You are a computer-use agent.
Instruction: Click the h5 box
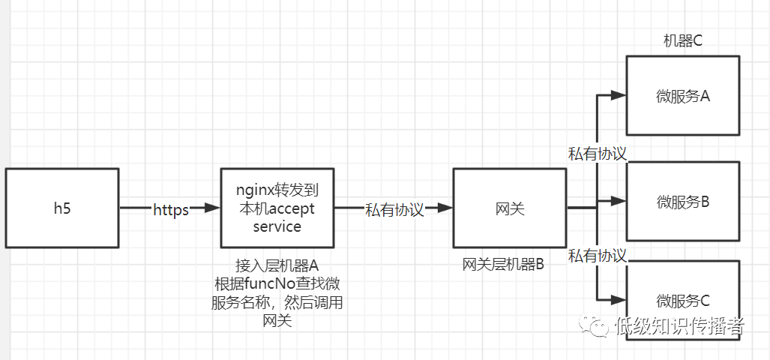62,208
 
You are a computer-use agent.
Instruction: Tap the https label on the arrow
170,209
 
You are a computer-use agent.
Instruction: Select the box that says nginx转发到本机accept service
277,208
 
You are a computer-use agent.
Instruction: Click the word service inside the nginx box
277,226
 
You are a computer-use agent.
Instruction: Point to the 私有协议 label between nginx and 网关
394,209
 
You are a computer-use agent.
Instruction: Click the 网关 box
510,208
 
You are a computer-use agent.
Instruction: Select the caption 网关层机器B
503,264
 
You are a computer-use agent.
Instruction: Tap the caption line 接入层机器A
277,265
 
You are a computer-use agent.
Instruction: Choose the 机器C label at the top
682,40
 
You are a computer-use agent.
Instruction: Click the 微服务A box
682,95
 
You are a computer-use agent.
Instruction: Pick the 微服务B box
682,201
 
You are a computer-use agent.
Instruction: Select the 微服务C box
682,300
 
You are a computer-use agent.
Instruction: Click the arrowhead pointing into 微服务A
618,95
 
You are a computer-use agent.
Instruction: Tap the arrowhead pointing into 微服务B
618,201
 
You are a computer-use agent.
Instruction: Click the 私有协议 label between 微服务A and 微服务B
598,153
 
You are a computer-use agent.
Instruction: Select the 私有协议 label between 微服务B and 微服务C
598,256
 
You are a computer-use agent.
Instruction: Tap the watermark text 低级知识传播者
679,326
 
